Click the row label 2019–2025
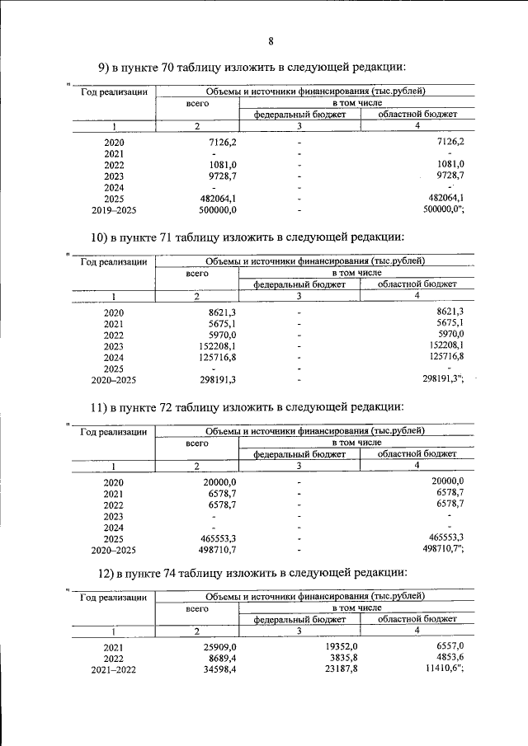[114, 210]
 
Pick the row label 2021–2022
[114, 671]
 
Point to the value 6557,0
[448, 647]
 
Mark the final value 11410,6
[443, 670]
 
